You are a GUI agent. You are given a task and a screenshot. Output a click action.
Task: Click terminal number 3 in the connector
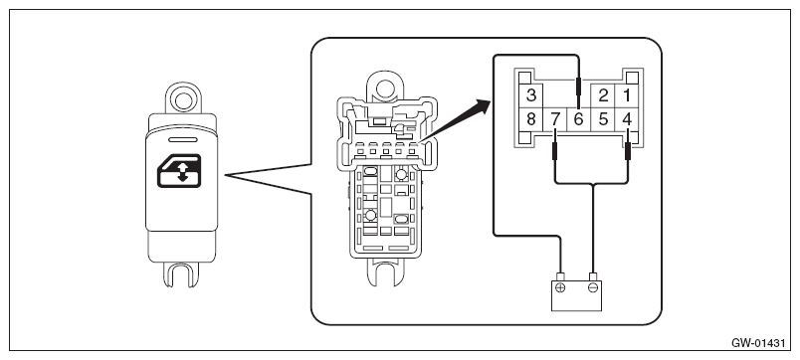531,95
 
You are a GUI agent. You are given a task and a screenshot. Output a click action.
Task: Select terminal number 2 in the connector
604,95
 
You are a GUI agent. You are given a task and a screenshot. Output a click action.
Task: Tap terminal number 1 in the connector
627,95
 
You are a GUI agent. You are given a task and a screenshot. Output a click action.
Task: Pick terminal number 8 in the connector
531,119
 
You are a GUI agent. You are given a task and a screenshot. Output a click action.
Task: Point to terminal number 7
555,119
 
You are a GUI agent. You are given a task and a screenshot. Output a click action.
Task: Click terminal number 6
578,119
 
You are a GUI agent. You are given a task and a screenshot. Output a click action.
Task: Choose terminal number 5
604,119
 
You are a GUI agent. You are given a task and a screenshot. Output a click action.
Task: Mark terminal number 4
628,119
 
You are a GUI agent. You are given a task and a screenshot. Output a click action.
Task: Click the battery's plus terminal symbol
560,287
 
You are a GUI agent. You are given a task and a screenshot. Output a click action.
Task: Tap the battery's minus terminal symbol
593,287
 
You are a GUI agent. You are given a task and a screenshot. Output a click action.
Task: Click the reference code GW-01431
758,343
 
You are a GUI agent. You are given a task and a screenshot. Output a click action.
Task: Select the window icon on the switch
178,171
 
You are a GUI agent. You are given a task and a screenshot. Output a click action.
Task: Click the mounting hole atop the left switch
182,99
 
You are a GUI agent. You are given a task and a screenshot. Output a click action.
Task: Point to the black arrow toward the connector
454,120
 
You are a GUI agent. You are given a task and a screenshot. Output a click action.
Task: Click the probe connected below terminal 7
555,152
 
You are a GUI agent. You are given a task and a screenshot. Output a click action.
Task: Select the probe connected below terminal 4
628,152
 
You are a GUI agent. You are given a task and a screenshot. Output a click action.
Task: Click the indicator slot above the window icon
182,139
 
